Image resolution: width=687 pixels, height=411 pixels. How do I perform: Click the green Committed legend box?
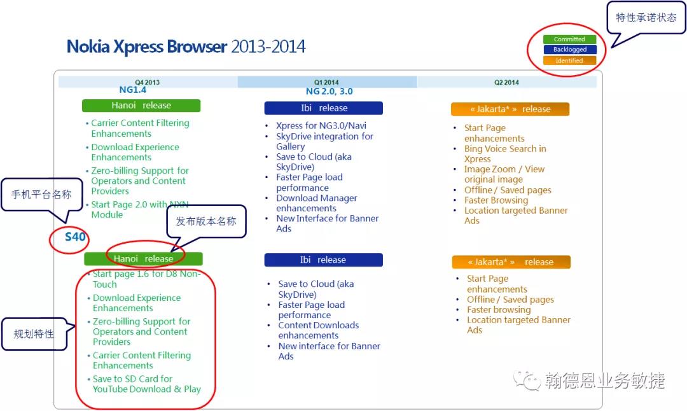pyautogui.click(x=569, y=39)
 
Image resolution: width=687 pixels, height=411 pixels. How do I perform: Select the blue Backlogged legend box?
pyautogui.click(x=569, y=50)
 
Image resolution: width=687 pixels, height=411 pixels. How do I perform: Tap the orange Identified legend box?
pyautogui.click(x=569, y=60)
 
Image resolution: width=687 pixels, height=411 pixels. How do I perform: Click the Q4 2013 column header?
pyautogui.click(x=147, y=82)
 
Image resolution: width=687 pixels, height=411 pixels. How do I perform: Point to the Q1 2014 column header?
pyautogui.click(x=326, y=82)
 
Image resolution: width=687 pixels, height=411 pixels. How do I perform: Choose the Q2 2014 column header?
pyautogui.click(x=506, y=82)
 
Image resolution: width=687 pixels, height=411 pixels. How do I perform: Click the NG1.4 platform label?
pyautogui.click(x=133, y=90)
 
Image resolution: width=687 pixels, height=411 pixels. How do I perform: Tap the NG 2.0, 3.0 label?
pyautogui.click(x=329, y=91)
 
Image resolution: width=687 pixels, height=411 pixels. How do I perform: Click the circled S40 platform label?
pyautogui.click(x=75, y=237)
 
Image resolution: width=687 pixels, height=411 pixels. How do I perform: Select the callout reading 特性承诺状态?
pyautogui.click(x=646, y=18)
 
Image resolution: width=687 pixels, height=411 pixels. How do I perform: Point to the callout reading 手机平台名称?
pyautogui.click(x=41, y=195)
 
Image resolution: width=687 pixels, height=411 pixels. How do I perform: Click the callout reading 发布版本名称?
pyautogui.click(x=206, y=221)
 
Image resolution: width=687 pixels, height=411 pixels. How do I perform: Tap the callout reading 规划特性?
pyautogui.click(x=34, y=334)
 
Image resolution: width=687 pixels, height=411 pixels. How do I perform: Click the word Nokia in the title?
pyautogui.click(x=88, y=46)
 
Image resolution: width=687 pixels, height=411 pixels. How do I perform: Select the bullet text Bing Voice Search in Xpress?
pyautogui.click(x=505, y=154)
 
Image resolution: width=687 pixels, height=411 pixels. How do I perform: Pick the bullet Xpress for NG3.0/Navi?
pyautogui.click(x=321, y=125)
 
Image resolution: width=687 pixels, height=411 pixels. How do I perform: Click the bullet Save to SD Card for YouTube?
pyautogui.click(x=146, y=384)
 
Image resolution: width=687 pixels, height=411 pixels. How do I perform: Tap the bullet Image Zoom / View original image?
pyautogui.click(x=504, y=174)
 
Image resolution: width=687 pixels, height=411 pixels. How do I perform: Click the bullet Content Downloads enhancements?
pyautogui.click(x=319, y=330)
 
